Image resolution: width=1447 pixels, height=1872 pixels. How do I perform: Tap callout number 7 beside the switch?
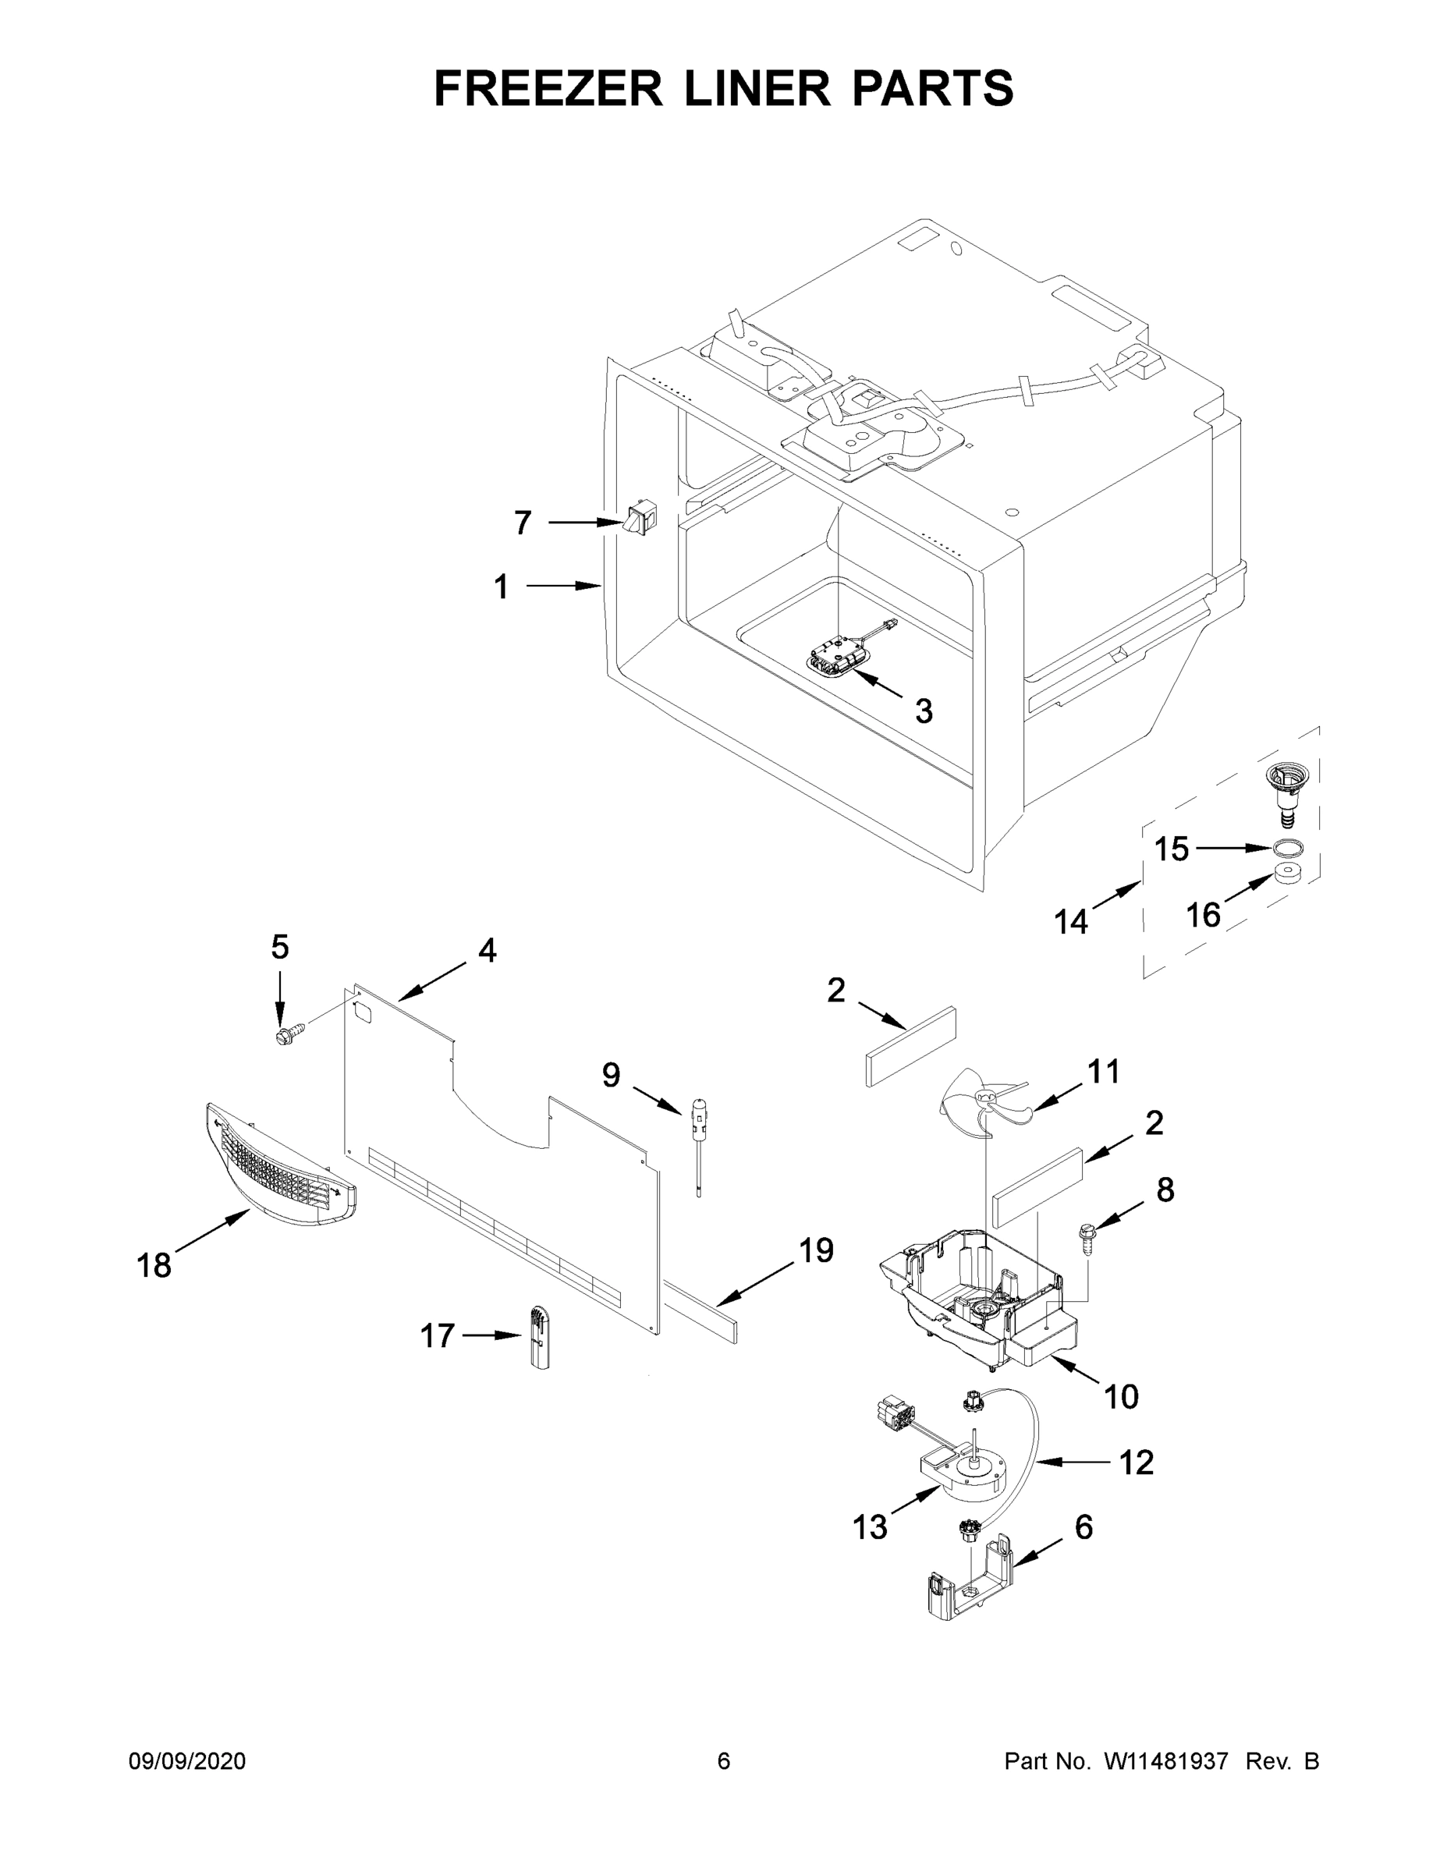click(x=523, y=522)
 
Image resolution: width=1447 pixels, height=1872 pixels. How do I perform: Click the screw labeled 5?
click(x=285, y=1035)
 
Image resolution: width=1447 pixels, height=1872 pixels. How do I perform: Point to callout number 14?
click(x=1071, y=922)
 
